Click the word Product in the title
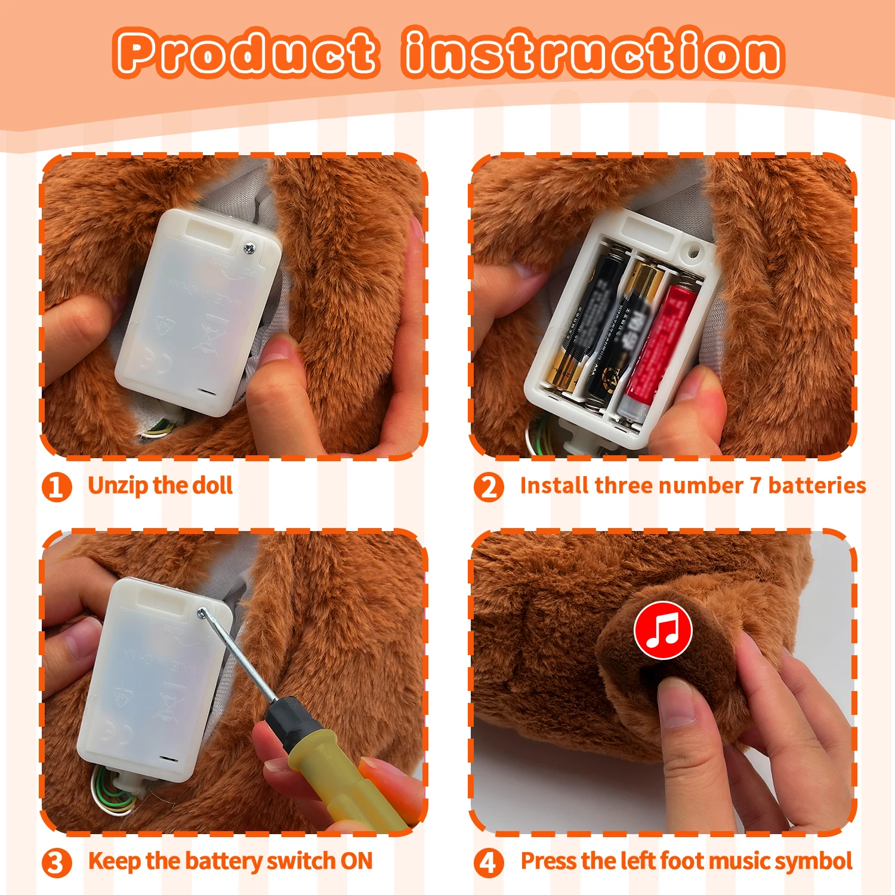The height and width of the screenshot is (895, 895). pos(246,53)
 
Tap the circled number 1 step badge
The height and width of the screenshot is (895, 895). pos(57,487)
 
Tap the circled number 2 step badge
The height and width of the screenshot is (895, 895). pos(489,487)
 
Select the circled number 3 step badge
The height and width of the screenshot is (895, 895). pos(57,863)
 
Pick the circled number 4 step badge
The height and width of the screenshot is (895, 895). pos(489,863)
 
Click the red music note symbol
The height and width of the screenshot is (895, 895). pos(663,630)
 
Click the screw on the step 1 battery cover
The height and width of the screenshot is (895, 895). pos(249,247)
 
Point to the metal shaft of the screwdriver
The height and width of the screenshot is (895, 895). pos(239,656)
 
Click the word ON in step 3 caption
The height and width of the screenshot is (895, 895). pos(356,862)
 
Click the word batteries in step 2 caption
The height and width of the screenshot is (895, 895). pos(817,486)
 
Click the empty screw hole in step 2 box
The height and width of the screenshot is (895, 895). pos(693,251)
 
